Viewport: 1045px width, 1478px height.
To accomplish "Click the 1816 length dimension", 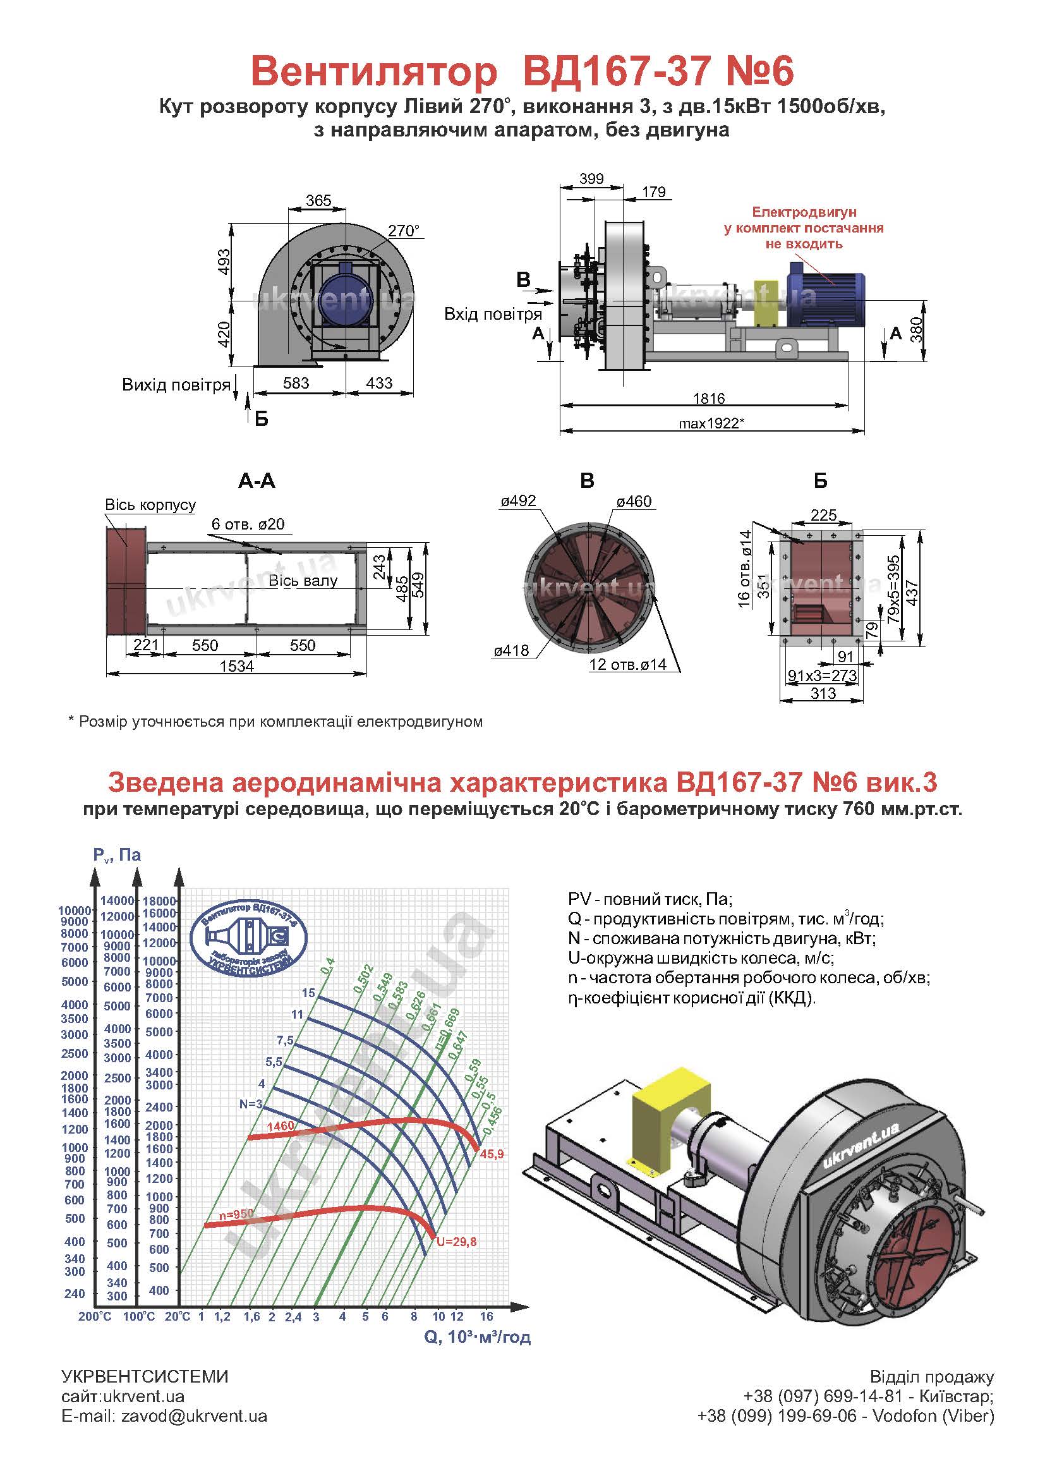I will click(x=708, y=399).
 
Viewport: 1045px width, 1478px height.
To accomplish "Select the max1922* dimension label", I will click(x=711, y=423).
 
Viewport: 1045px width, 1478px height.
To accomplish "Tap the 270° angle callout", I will click(x=404, y=231).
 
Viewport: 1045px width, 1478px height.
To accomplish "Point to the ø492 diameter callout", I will click(x=518, y=501).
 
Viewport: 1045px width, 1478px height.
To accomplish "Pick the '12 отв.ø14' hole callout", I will click(x=627, y=664).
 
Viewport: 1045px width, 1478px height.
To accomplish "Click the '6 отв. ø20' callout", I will click(x=248, y=524).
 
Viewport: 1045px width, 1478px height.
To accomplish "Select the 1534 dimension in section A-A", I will click(x=237, y=666).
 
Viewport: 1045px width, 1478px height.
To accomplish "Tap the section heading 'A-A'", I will click(x=257, y=481).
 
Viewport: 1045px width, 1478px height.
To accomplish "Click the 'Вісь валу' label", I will click(x=303, y=580).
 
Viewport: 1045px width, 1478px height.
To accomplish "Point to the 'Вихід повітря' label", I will click(x=176, y=385).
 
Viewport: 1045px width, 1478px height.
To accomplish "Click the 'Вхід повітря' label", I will click(x=492, y=314).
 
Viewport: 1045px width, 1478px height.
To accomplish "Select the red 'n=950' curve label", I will click(x=236, y=1214).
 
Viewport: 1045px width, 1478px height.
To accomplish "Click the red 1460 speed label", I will click(x=280, y=1126).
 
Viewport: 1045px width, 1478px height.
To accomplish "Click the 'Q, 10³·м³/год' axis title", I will click(x=477, y=1337).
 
